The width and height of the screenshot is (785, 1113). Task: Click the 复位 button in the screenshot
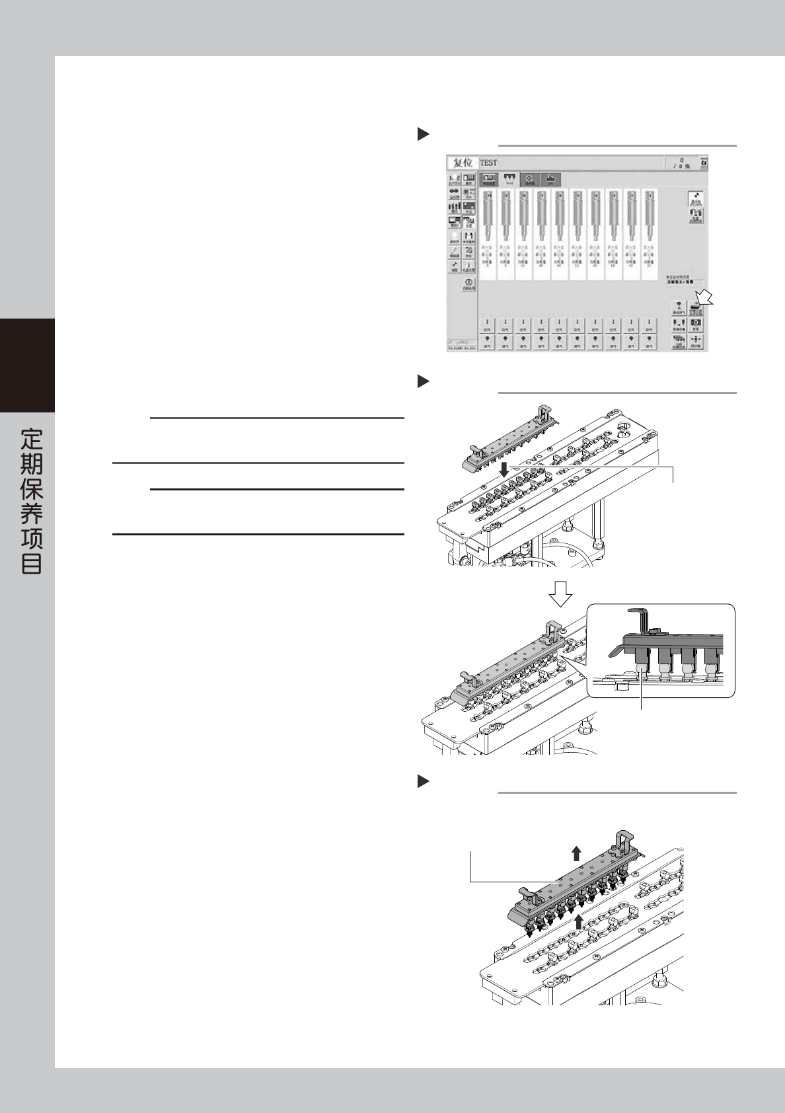pyautogui.click(x=463, y=163)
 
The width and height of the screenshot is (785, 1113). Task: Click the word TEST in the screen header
pyautogui.click(x=488, y=163)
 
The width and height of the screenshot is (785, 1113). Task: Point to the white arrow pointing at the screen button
pyautogui.click(x=705, y=296)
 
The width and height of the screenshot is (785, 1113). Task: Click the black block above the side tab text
pyautogui.click(x=27, y=365)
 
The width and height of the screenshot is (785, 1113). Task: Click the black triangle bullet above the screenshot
pyautogui.click(x=423, y=134)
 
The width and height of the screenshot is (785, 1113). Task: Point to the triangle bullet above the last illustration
pyautogui.click(x=423, y=782)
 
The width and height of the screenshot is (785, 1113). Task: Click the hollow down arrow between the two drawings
pyautogui.click(x=561, y=594)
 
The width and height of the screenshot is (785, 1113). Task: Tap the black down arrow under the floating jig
pyautogui.click(x=504, y=470)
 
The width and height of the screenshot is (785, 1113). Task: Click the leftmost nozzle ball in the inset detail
pyautogui.click(x=642, y=670)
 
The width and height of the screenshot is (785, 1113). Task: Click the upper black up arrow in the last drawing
pyautogui.click(x=576, y=853)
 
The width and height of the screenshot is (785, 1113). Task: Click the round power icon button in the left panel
pyautogui.click(x=468, y=284)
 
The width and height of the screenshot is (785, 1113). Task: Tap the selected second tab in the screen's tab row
pyautogui.click(x=509, y=179)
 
